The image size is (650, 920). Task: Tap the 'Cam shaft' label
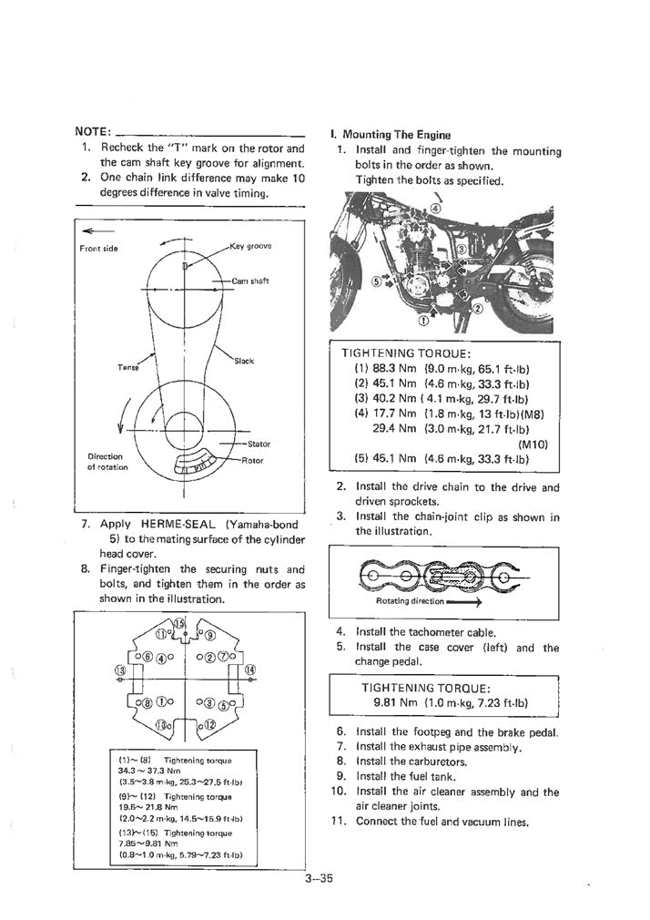tap(249, 281)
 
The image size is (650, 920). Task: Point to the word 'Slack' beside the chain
tap(243, 361)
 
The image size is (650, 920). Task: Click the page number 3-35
tap(322, 879)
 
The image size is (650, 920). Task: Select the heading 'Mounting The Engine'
tap(396, 135)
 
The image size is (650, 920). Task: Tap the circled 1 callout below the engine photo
tap(422, 321)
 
